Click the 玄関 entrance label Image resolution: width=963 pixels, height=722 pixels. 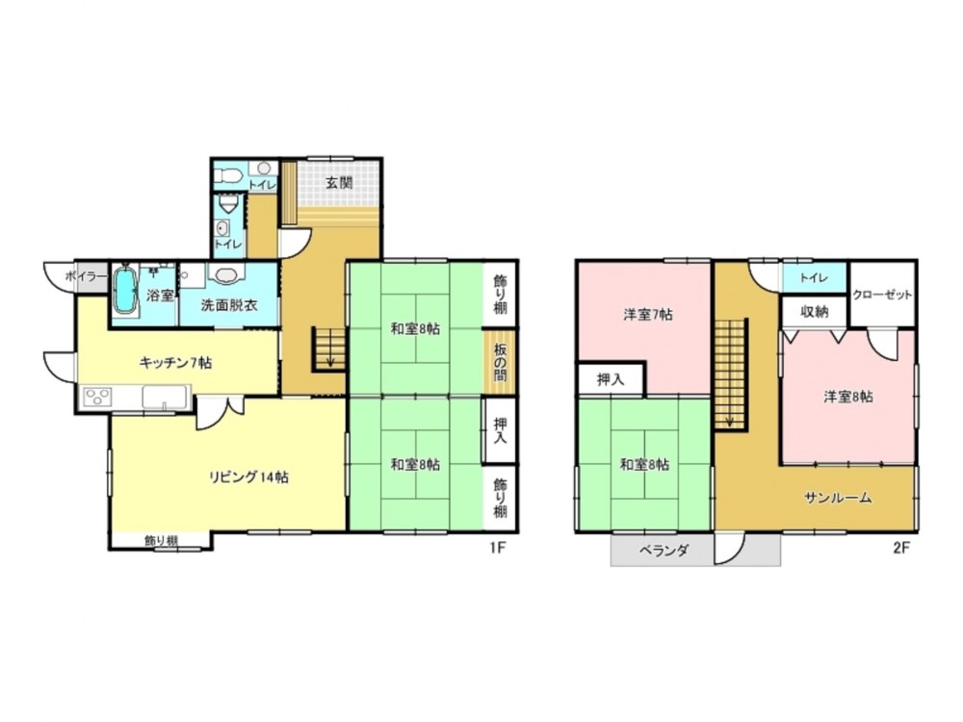[x=339, y=182]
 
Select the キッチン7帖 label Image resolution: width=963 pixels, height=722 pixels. [x=175, y=363]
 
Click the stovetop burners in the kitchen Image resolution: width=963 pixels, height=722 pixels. [x=97, y=396]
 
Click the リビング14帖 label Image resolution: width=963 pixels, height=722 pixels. [x=248, y=477]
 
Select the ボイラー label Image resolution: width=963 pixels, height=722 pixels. [x=87, y=276]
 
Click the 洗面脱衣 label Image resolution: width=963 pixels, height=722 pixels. [x=229, y=305]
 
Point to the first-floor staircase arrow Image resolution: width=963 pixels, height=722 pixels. [x=330, y=349]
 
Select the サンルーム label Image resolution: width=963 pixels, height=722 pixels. [x=838, y=498]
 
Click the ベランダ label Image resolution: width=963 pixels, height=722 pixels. [x=664, y=551]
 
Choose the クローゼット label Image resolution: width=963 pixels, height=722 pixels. [x=882, y=295]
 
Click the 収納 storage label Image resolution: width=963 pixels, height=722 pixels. [x=815, y=312]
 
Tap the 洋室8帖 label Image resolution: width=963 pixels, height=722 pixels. [x=848, y=397]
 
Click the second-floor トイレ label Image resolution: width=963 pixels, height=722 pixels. [x=814, y=277]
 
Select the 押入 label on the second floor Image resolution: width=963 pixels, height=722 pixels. [x=612, y=379]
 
